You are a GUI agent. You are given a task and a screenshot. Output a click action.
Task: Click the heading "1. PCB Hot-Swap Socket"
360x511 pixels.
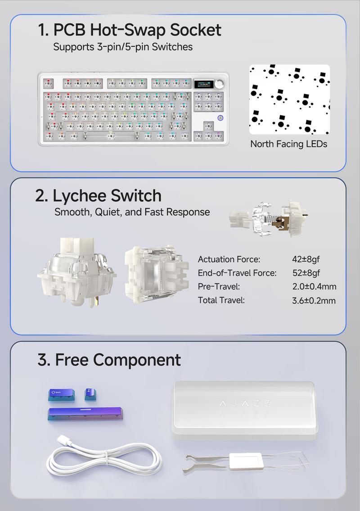tap(129, 30)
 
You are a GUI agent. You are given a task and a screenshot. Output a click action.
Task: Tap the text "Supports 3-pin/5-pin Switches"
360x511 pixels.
tap(123, 47)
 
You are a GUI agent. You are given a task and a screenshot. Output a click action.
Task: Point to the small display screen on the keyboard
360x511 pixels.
tap(203, 84)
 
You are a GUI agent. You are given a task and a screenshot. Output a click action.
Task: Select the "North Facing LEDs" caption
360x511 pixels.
tap(288, 144)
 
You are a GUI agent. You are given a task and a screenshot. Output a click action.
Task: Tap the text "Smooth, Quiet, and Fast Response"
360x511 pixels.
tap(132, 212)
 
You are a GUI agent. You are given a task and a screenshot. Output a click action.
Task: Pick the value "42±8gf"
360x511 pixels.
tap(306, 259)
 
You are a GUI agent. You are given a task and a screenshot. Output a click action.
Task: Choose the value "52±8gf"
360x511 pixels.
tap(306, 273)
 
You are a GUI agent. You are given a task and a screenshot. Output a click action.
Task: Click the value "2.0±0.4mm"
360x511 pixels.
tap(314, 286)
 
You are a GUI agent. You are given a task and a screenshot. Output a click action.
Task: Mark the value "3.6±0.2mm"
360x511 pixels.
tap(314, 300)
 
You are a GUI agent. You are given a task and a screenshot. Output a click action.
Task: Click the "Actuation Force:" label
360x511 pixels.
tap(229, 259)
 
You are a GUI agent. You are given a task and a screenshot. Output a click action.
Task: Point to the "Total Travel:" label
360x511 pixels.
tap(221, 300)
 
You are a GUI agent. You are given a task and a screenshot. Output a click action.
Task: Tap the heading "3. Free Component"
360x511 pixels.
tap(109, 360)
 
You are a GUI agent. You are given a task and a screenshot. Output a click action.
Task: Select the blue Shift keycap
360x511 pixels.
tap(62, 395)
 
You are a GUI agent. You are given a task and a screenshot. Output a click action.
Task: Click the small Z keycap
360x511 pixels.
tap(90, 394)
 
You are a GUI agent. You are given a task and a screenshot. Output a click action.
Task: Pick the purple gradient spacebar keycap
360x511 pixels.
tap(85, 414)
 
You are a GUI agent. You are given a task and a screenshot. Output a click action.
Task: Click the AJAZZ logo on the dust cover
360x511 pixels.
tap(245, 403)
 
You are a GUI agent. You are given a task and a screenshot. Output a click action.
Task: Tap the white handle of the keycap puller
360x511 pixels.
tap(245, 461)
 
